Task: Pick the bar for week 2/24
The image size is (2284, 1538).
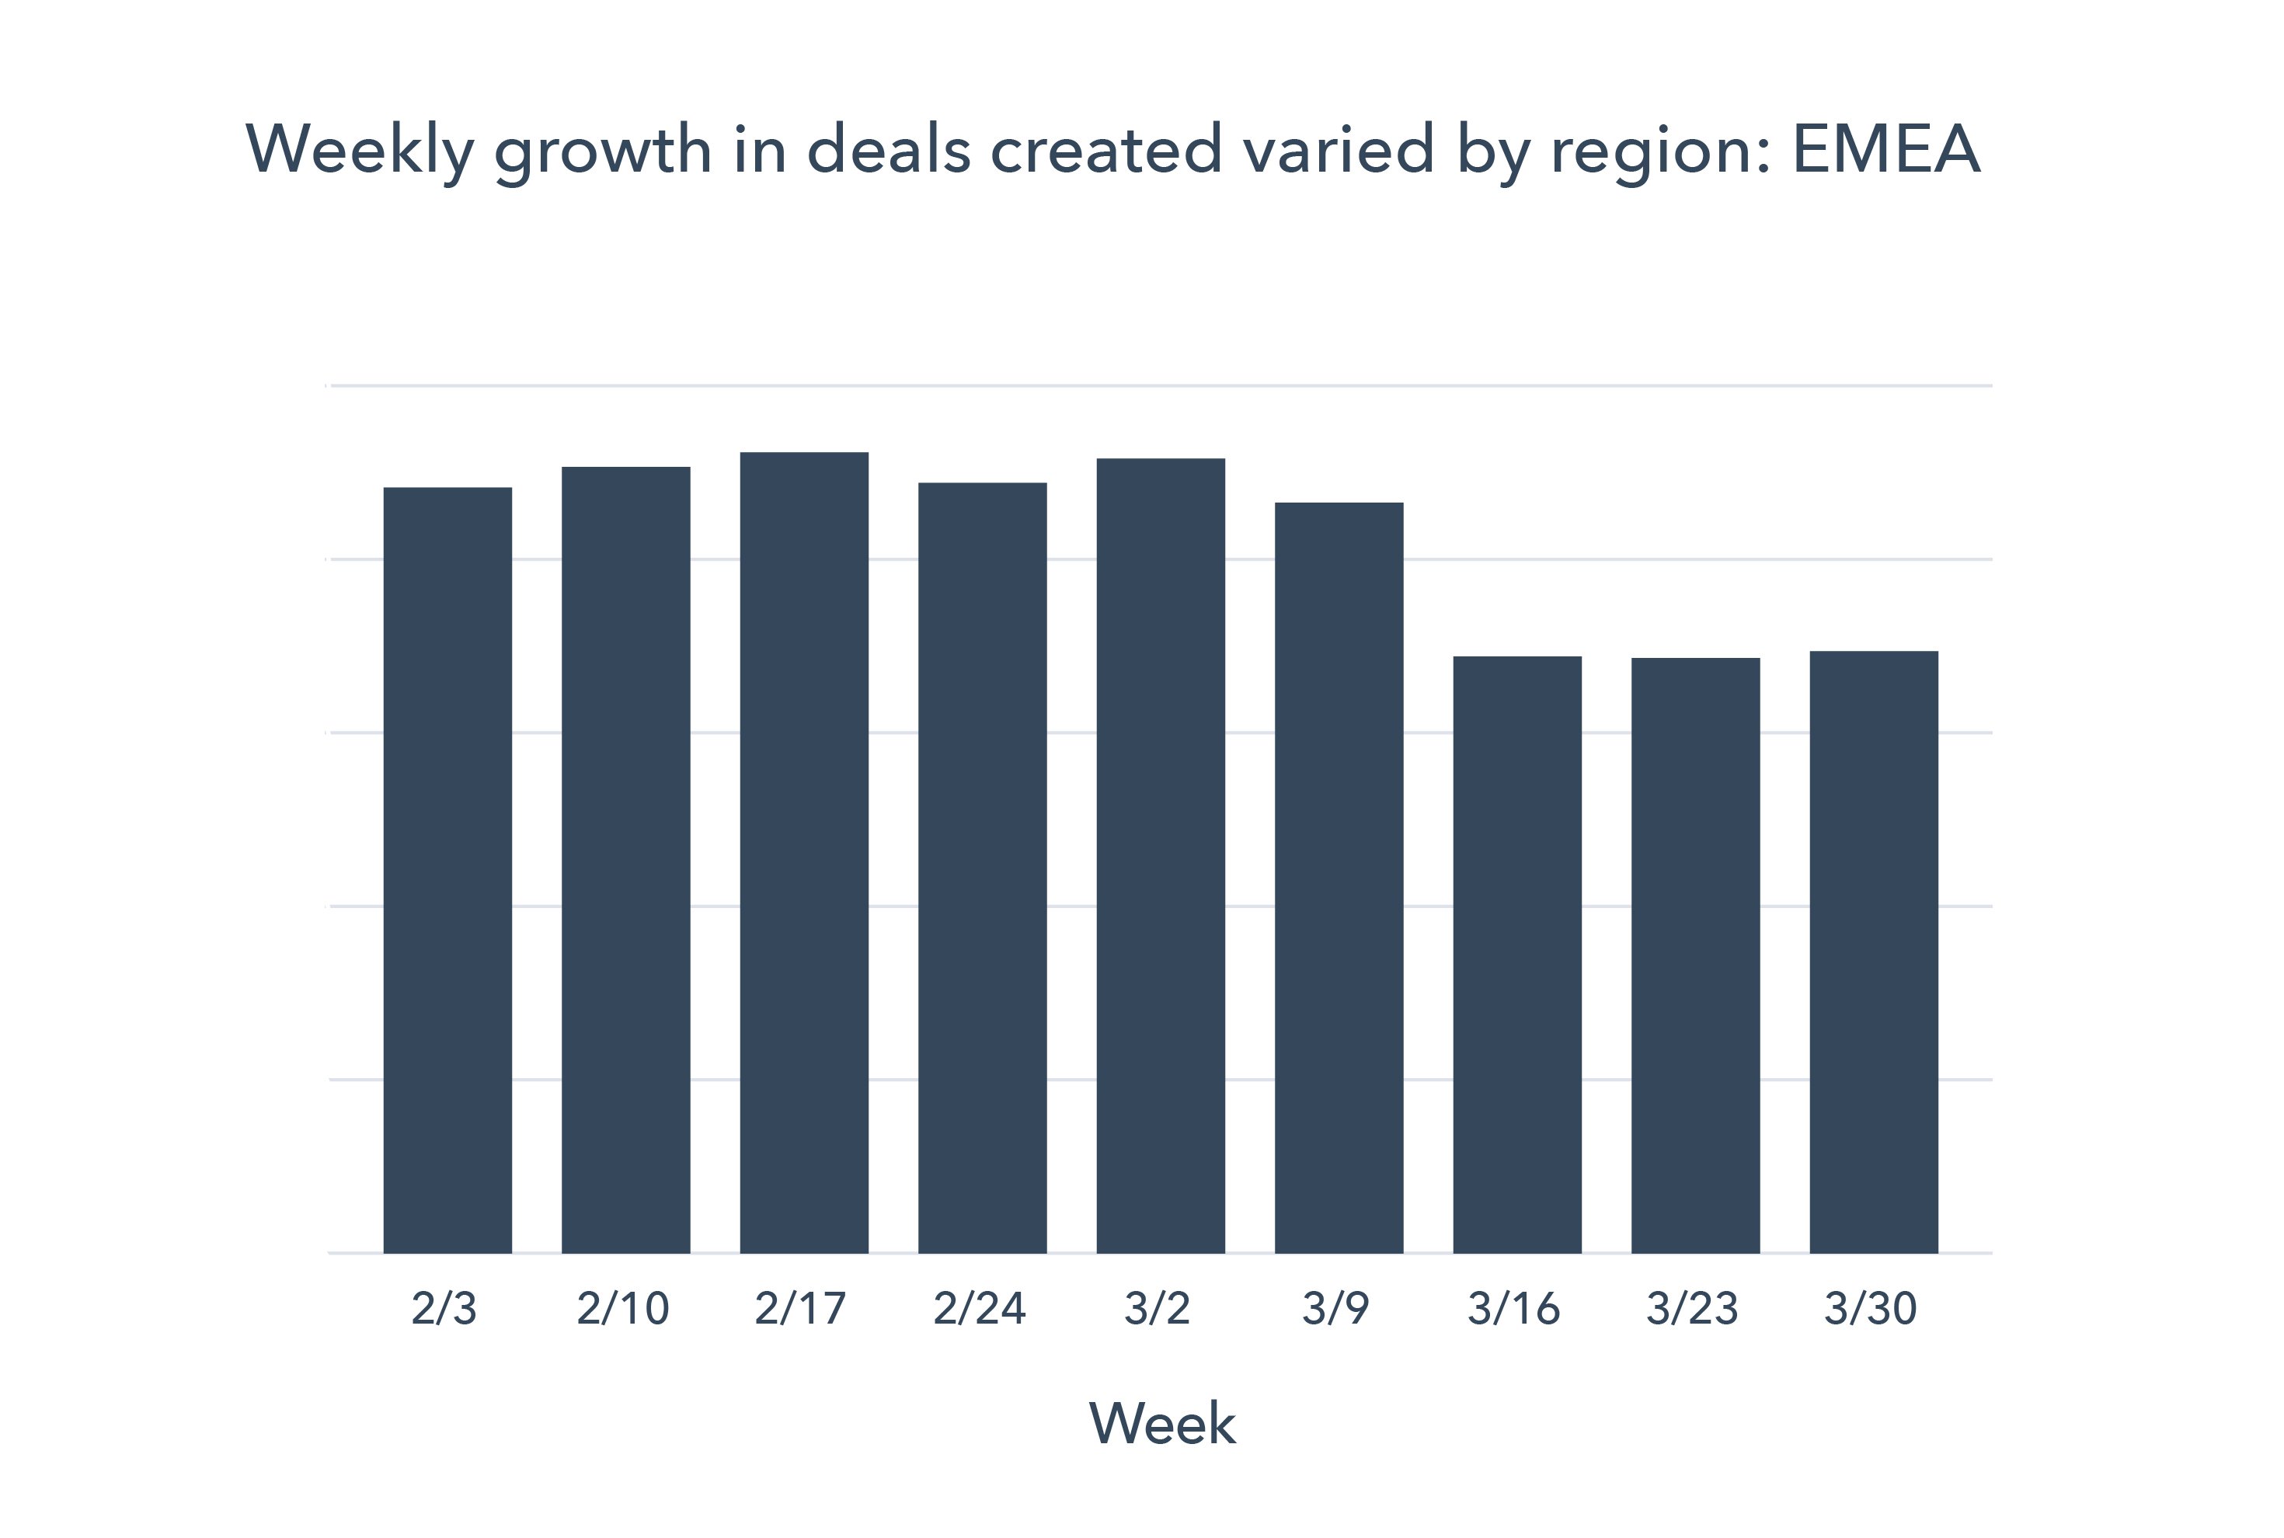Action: [x=982, y=868]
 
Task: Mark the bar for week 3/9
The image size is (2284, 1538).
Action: [x=1339, y=878]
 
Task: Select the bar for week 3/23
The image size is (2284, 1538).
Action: [x=1695, y=955]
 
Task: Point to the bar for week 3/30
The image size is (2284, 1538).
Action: [x=1874, y=952]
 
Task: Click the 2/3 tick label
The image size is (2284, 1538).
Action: [x=444, y=1309]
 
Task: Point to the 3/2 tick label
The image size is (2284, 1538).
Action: [x=1158, y=1309]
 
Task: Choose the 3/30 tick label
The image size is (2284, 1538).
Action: [x=1871, y=1309]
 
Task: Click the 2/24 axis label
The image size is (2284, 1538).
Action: [x=979, y=1309]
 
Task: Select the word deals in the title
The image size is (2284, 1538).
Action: [x=889, y=149]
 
